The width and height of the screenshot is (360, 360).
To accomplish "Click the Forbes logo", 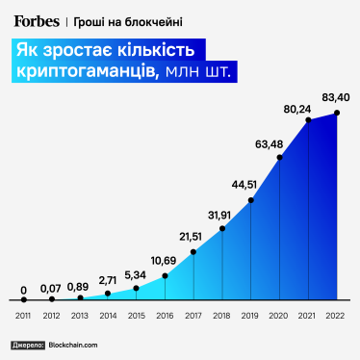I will [36, 19].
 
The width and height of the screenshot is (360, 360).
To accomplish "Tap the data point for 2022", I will [337, 114].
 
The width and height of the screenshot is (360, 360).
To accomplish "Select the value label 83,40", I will [336, 97].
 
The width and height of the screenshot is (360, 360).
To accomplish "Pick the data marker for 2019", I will [251, 200].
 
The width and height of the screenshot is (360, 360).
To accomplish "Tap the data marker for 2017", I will [193, 252].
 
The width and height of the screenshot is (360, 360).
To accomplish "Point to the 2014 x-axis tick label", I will [108, 316].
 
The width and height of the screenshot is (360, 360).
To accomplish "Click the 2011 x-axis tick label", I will [23, 316].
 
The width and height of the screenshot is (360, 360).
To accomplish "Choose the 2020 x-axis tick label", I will [279, 316].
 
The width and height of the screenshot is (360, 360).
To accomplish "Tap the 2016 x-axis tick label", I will [166, 316].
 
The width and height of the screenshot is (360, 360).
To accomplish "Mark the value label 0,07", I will [51, 288].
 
